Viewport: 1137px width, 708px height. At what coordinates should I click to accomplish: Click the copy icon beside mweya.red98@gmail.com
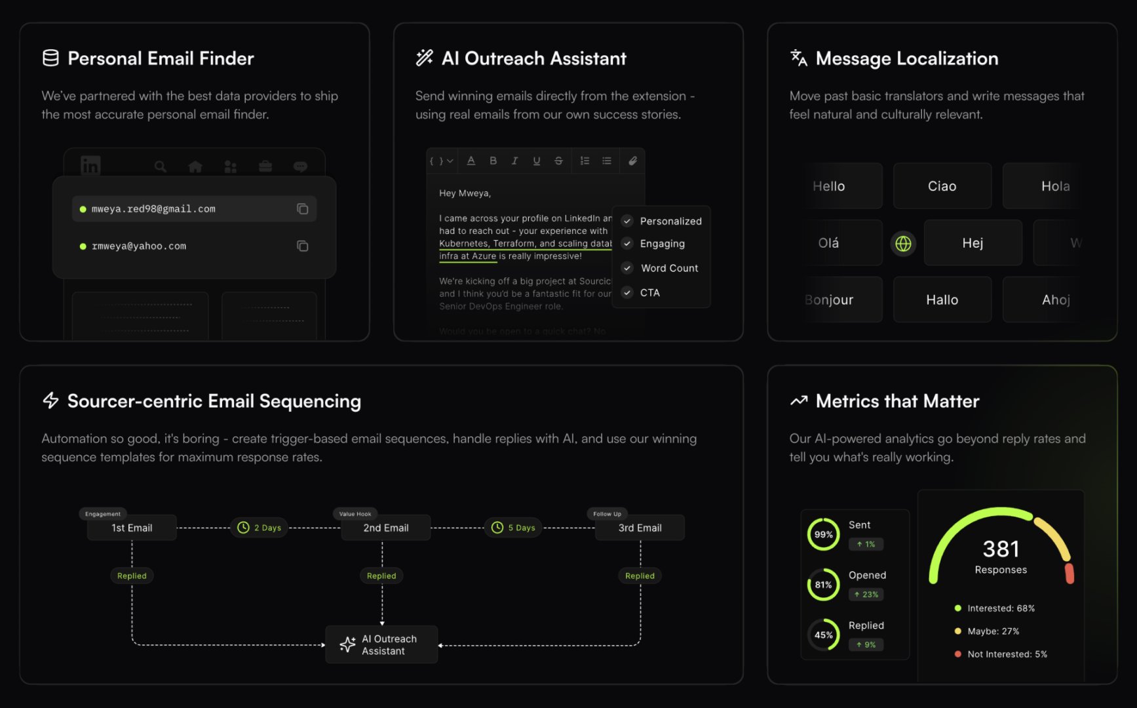pos(302,209)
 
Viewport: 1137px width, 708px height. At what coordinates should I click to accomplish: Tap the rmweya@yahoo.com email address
pos(139,246)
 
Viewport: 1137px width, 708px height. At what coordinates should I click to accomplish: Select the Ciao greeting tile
pos(942,186)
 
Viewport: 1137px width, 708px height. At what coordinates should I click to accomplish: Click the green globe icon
pos(903,244)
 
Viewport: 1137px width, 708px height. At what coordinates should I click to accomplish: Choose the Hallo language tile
pos(942,300)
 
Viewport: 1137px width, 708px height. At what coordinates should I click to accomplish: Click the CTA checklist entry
pos(649,293)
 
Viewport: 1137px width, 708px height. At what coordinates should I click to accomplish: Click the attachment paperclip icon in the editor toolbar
pos(632,161)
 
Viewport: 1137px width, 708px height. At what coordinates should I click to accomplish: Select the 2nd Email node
pos(385,528)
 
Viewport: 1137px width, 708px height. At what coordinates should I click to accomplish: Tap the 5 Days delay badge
pos(513,528)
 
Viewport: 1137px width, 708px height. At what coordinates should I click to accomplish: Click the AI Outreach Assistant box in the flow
pos(381,645)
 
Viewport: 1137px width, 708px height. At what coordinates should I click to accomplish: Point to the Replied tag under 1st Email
pos(132,576)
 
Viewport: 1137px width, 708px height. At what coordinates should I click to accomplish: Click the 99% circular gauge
pos(823,534)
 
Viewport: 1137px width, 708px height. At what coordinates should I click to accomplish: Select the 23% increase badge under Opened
pos(866,595)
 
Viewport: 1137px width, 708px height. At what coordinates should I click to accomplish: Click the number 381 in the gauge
pos(1001,549)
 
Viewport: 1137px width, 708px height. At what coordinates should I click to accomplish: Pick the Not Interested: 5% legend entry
pos(1007,654)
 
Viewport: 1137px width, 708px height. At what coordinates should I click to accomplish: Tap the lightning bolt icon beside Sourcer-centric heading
pos(50,401)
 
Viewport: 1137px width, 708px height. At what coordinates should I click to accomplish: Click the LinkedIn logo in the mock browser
pos(90,166)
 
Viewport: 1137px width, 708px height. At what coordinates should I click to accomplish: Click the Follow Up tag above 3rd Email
pos(607,514)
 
